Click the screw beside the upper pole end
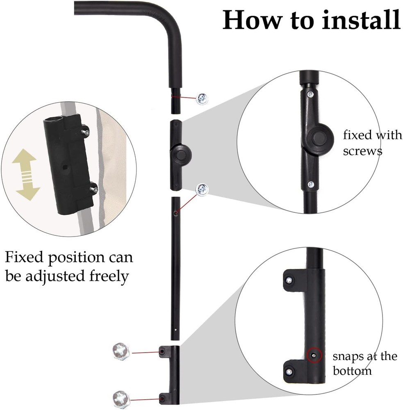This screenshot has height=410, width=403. coord(202,99)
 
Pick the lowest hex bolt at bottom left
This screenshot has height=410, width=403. coord(120,398)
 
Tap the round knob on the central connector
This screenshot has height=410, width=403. coord(180,155)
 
